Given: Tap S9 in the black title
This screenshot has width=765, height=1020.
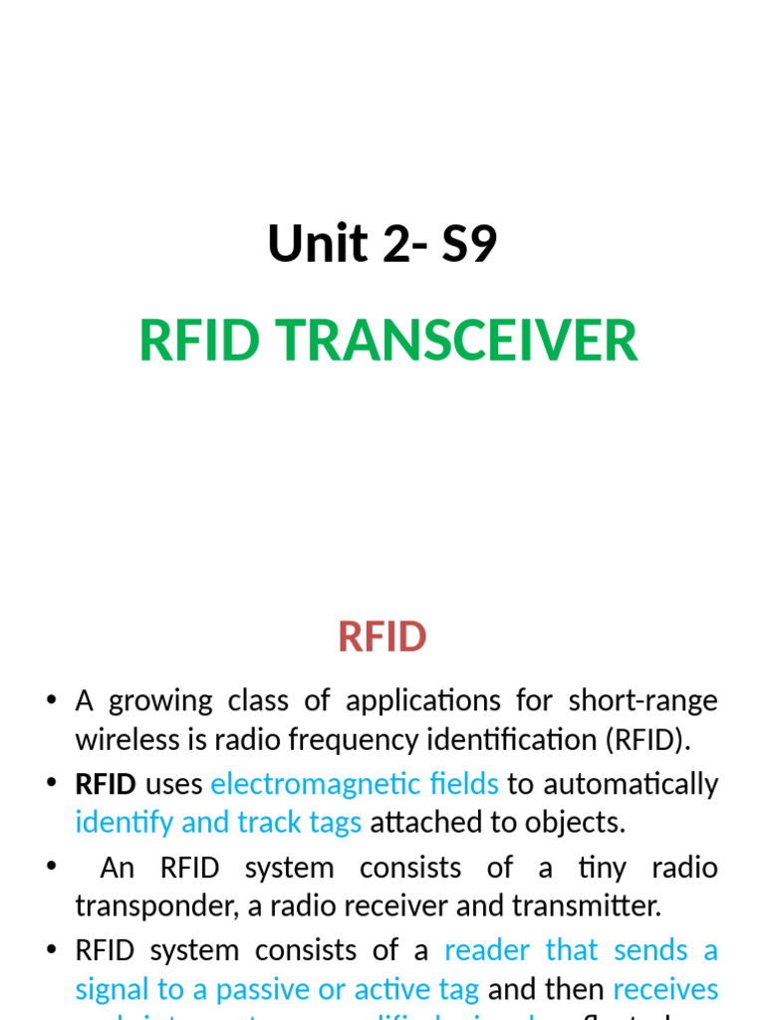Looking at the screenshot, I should [469, 244].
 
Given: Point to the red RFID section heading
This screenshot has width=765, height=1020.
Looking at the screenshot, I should [382, 637].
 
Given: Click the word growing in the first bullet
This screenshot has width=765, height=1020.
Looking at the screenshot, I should [159, 701].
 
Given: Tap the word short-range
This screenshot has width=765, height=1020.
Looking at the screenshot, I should [642, 700].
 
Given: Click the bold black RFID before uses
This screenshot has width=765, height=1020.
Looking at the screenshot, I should [106, 784].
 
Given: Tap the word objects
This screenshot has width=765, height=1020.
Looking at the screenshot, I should [581, 823].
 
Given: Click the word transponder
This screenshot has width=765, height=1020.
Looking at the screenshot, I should [144, 906].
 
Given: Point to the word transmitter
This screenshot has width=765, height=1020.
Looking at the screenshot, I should [580, 906].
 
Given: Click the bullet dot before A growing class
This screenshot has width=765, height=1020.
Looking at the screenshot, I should [51, 701].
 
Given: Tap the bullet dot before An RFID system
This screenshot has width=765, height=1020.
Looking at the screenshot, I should [51, 868].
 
